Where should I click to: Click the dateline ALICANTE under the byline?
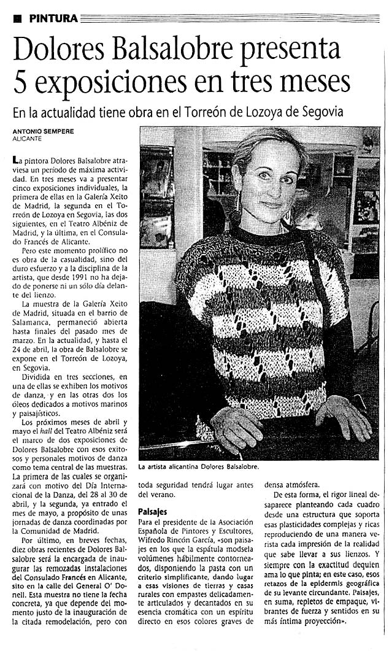tap(27, 138)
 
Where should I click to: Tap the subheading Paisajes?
tap(152, 510)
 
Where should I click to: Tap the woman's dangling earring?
tap(236, 217)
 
